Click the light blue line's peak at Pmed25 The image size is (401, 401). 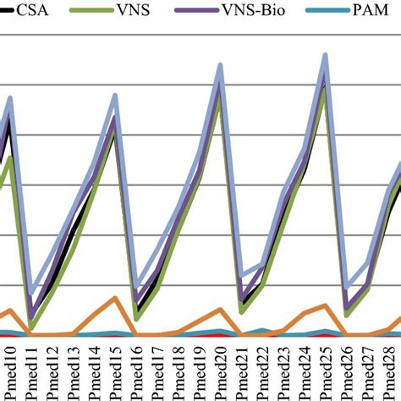[326, 56]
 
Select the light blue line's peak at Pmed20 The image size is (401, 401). [220, 65]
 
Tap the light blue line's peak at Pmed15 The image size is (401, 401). [115, 96]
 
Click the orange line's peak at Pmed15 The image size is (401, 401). [115, 299]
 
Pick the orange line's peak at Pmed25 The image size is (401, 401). [326, 306]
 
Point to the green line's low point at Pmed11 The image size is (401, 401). [31, 326]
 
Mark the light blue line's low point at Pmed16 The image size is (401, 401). [136, 290]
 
